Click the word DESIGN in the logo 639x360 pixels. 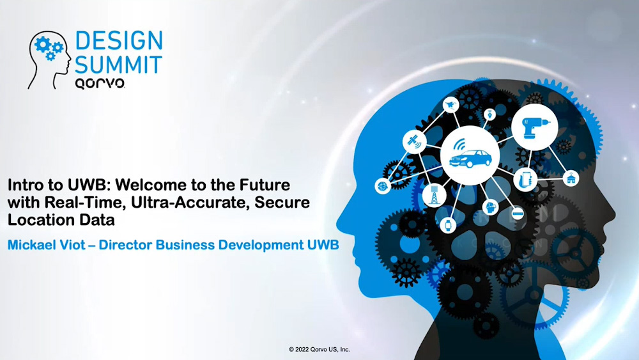pos(119,41)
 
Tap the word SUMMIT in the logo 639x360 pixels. pos(119,65)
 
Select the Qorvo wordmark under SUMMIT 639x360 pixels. pos(100,83)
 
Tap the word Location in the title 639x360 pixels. pos(40,220)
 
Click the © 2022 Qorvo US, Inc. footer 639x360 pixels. pos(319,349)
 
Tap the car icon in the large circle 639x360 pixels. pos(470,156)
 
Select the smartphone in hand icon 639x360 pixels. pos(525,180)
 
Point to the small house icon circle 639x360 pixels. pos(571,178)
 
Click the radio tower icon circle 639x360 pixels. pos(435,195)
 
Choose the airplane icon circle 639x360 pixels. pos(450,106)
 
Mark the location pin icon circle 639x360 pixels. pos(489,114)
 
